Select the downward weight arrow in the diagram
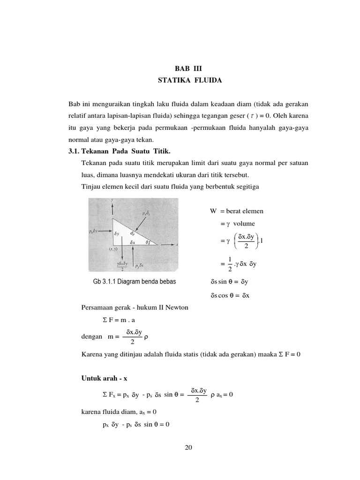point(121,253)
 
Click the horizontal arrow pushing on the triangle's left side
point(105,231)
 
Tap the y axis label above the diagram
point(112,200)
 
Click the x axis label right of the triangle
point(177,245)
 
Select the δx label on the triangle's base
point(133,242)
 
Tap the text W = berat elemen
point(237,211)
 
